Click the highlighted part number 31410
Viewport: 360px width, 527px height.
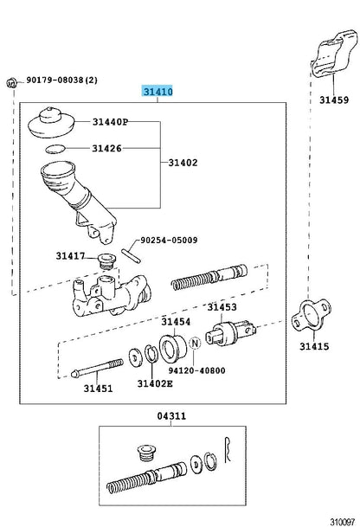tap(157, 91)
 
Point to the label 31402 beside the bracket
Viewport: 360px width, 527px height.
tap(184, 162)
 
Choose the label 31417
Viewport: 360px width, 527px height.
tap(71, 255)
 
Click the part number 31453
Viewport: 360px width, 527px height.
tap(221, 306)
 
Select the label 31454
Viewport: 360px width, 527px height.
tap(176, 321)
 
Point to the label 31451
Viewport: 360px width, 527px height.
tap(98, 389)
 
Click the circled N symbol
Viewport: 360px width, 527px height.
tap(195, 344)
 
